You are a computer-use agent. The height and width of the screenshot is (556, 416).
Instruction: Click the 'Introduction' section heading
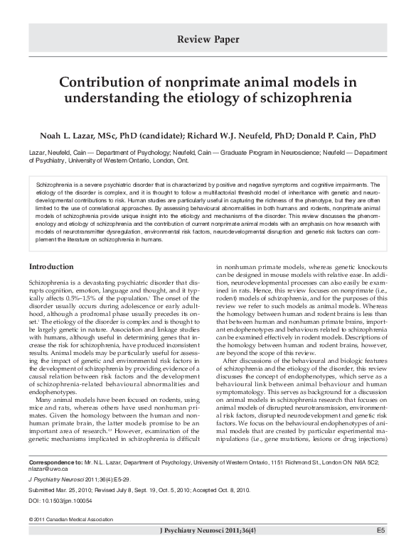point(50,266)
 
